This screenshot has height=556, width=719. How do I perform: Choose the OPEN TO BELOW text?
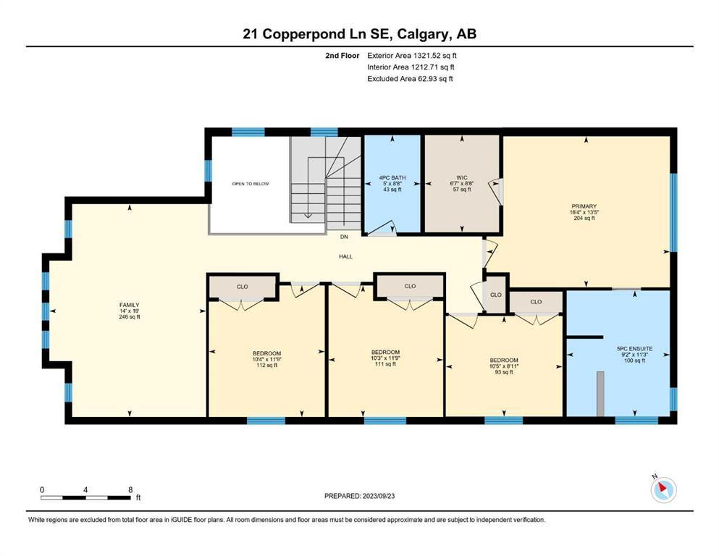tap(251, 184)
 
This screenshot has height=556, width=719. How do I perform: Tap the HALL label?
tap(346, 257)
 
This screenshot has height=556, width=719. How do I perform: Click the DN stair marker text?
tap(344, 237)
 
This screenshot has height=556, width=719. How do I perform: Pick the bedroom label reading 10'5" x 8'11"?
tap(504, 366)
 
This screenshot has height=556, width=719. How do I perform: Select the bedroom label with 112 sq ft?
tap(267, 359)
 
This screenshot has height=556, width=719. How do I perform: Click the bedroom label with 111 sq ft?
tap(385, 358)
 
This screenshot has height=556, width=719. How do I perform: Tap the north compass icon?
tap(663, 489)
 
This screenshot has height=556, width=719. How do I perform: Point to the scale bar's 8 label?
tap(130, 489)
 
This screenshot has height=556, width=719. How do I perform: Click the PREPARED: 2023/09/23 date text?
tap(359, 496)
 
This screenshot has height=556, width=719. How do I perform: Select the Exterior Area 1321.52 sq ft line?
tap(412, 56)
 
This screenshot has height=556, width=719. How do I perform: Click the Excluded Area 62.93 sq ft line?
tap(410, 78)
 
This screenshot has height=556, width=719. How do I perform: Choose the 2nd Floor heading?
tap(342, 56)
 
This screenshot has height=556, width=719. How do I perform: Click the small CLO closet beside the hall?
tap(496, 295)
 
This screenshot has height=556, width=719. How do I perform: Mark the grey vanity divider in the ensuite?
tap(600, 394)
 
